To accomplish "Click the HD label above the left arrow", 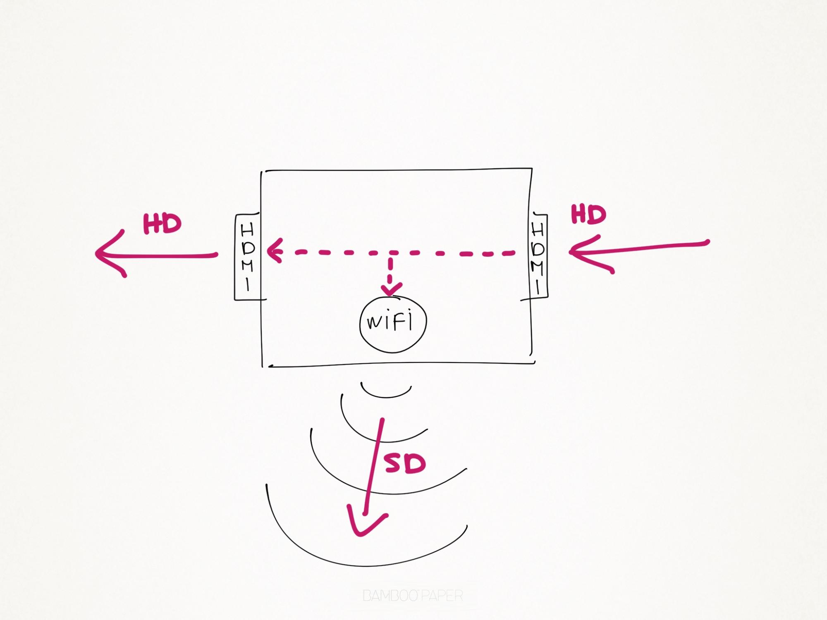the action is [163, 224].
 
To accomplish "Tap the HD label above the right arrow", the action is [588, 215].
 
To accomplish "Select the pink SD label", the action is [405, 463].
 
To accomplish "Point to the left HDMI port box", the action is [247, 257].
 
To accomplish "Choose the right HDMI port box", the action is [538, 256].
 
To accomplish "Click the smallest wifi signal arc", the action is [386, 395].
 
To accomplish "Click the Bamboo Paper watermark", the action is [413, 596].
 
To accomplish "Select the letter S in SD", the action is [393, 464].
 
